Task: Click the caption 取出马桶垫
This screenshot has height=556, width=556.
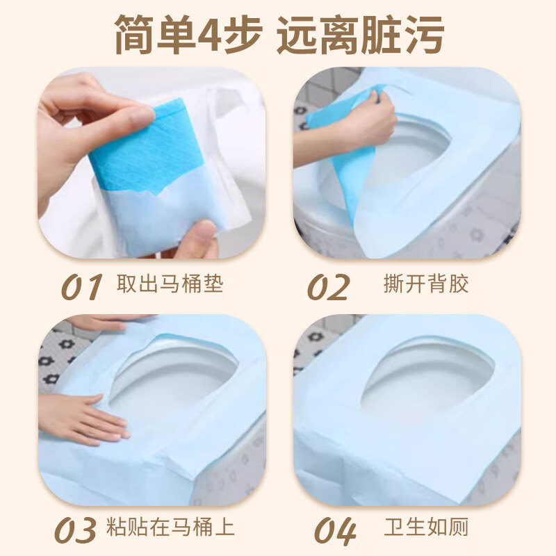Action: (x=170, y=284)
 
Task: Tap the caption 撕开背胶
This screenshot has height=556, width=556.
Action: (x=426, y=284)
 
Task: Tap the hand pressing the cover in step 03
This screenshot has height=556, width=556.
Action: (x=83, y=417)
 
